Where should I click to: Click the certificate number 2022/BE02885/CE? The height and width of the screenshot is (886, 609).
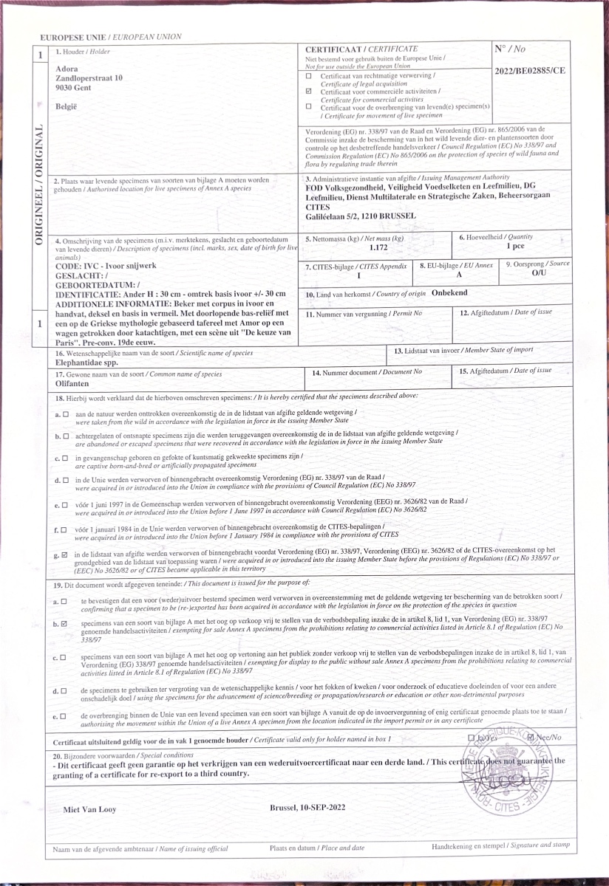pos(532,71)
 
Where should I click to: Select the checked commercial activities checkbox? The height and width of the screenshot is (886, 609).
pos(309,92)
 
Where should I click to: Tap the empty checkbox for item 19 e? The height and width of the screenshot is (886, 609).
pos(64,715)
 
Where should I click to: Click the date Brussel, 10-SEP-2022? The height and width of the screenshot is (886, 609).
pos(309,808)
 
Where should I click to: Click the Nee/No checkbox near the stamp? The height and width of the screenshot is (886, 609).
pos(531,737)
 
